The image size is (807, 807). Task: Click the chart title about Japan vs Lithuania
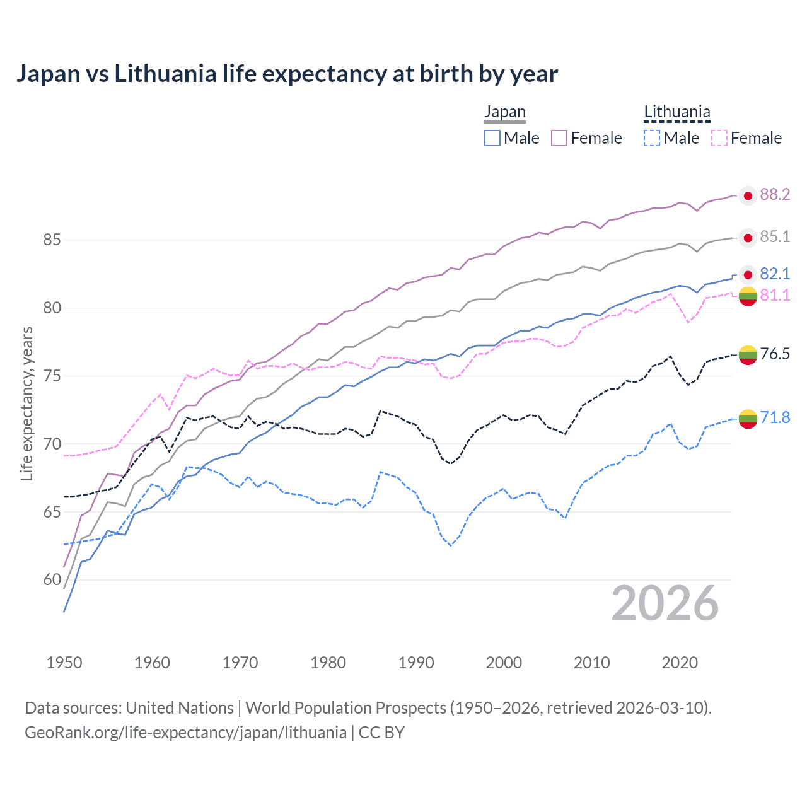[x=287, y=74]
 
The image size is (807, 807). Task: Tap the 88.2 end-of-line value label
[x=775, y=194]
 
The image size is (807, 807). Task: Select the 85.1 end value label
[x=775, y=236]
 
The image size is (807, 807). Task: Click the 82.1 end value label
[x=775, y=274]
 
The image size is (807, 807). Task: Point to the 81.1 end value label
[x=775, y=295]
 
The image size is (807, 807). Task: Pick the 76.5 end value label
[x=775, y=354]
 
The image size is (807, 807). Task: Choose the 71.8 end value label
[x=775, y=417]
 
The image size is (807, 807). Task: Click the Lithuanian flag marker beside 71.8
[x=748, y=419]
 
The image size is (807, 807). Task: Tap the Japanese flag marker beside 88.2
[x=748, y=196]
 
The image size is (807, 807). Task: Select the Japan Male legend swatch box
[x=492, y=138]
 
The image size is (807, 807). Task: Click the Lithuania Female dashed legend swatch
[x=719, y=138]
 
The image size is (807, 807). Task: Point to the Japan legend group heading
[x=504, y=112]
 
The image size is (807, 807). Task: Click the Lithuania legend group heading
[x=677, y=112]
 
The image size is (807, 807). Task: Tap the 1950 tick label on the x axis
[x=64, y=663]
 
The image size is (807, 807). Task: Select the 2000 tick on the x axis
[x=504, y=663]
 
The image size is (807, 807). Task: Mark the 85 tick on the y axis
[x=52, y=240]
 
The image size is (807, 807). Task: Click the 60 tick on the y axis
[x=52, y=580]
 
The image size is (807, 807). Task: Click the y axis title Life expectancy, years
[x=26, y=403]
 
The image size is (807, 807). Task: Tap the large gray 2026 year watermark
[x=665, y=604]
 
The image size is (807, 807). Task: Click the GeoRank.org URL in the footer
[x=185, y=733]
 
